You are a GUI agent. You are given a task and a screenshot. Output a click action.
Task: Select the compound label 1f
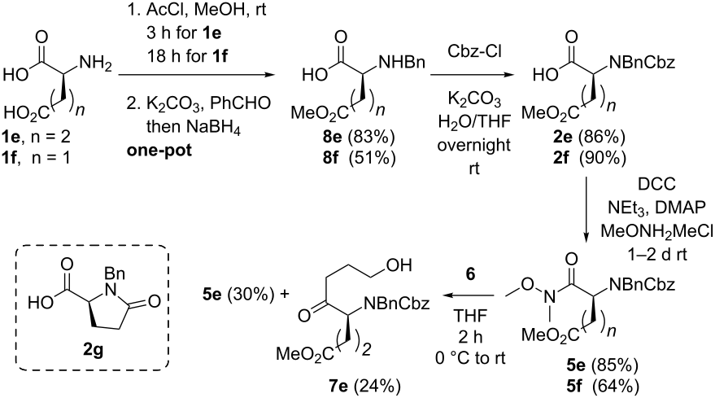[10, 158]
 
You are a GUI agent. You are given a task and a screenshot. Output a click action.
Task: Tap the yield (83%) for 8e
[372, 136]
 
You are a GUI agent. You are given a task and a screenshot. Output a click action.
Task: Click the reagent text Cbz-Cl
[474, 51]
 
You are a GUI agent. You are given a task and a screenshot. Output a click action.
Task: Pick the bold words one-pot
[159, 150]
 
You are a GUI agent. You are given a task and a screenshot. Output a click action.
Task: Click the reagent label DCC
[657, 185]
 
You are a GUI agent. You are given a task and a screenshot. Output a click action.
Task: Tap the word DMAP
[680, 208]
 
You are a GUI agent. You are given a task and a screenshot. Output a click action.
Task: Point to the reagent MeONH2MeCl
[656, 231]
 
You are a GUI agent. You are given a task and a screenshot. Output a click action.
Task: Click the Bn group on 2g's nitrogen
[115, 273]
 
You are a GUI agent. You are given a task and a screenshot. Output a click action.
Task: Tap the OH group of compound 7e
[398, 265]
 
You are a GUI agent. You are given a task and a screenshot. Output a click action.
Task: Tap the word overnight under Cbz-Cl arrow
[474, 145]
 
